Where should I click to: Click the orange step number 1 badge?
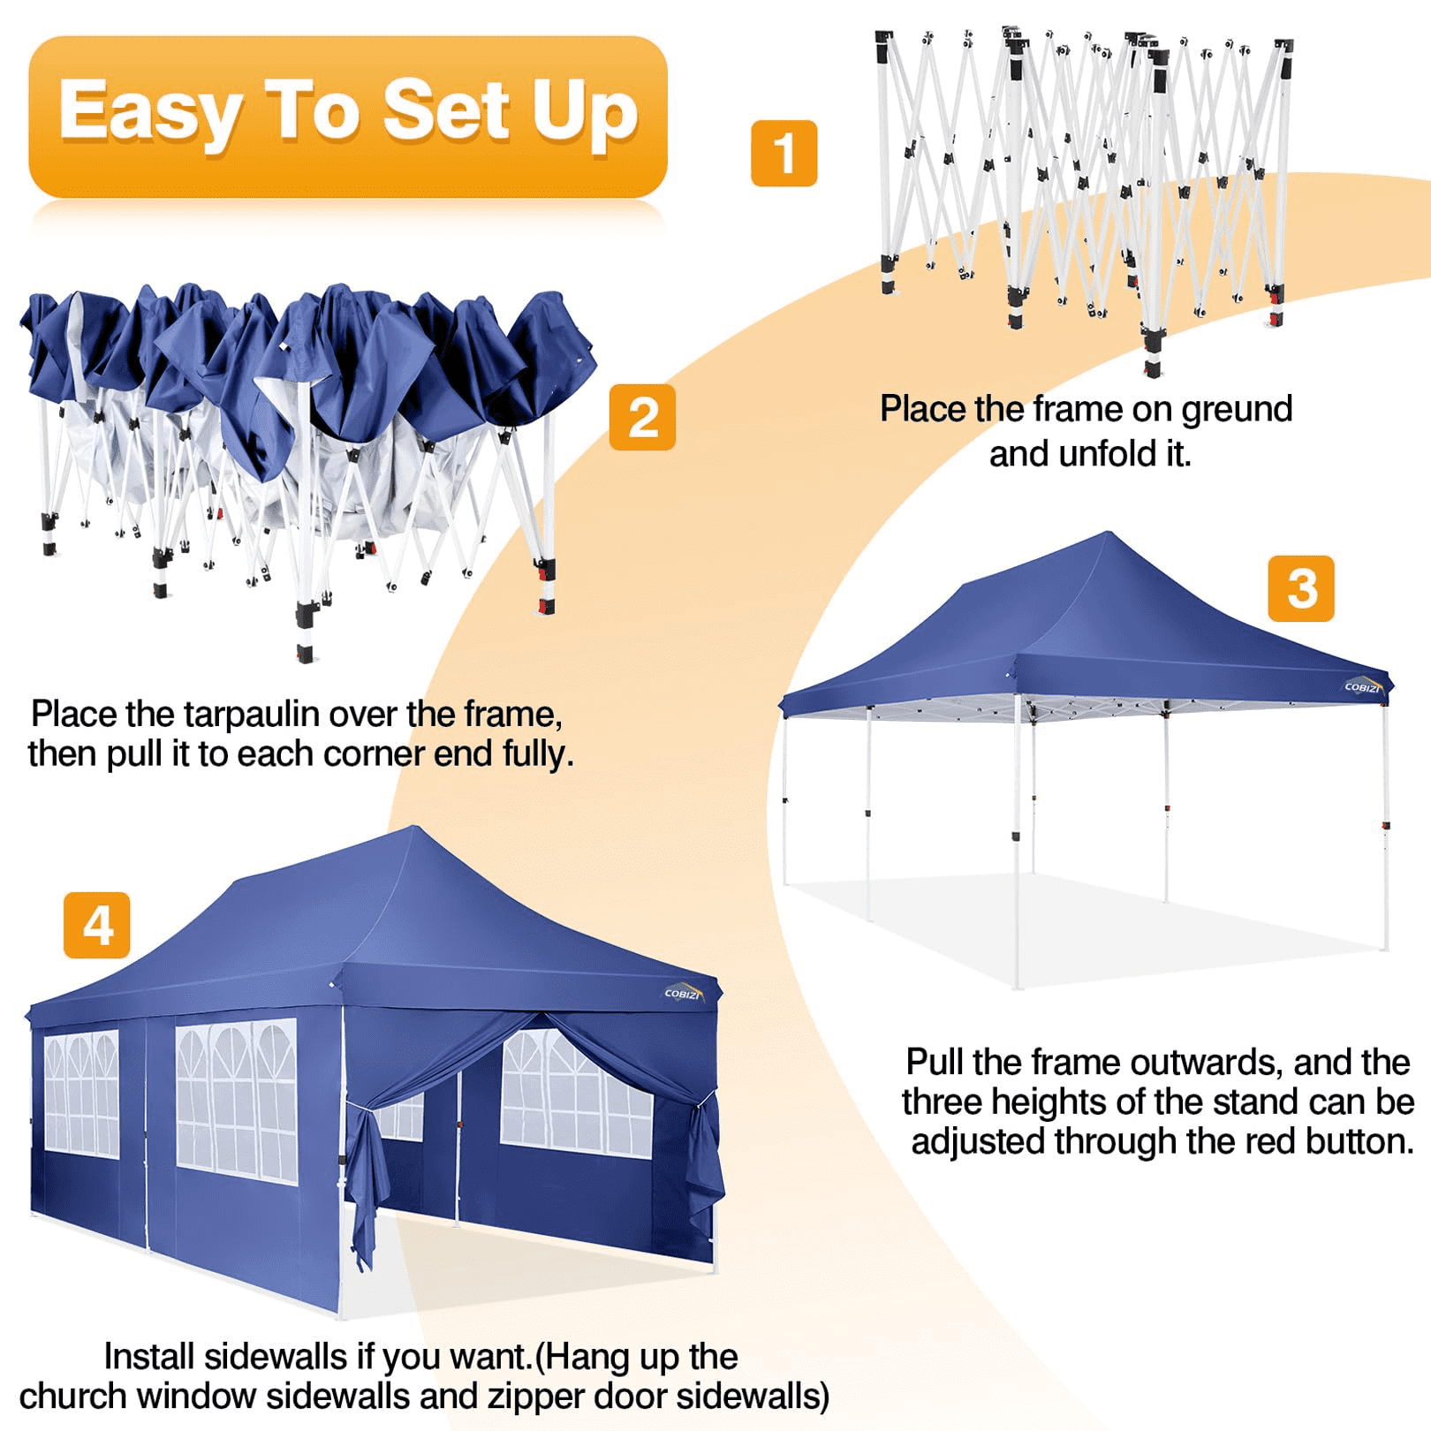784,153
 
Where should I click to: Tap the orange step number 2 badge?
642,417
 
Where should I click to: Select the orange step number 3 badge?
1301,588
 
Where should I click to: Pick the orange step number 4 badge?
97,925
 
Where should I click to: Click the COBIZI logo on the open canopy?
1363,686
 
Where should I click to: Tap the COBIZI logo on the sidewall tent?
684,993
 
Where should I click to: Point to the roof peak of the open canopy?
1109,533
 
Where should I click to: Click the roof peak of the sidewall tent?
413,828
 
